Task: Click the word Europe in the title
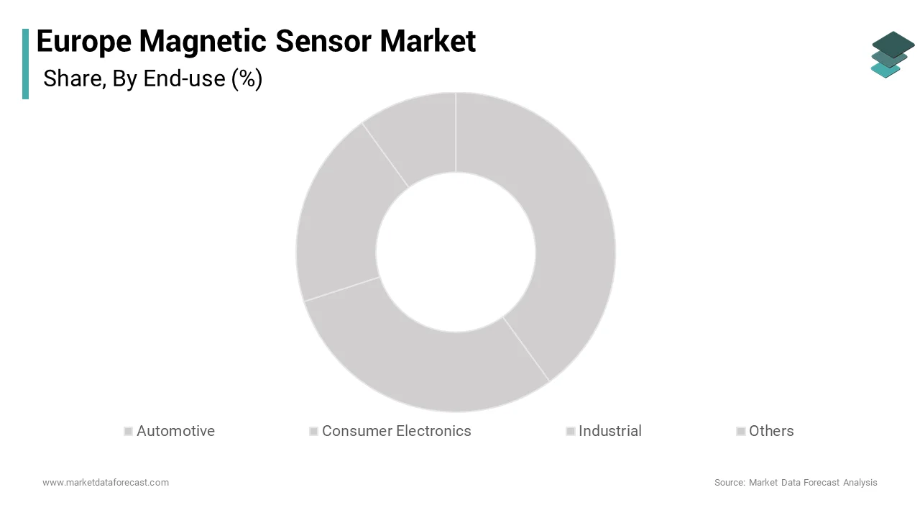coord(83,42)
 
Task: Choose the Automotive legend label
coord(175,431)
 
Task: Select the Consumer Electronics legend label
coord(396,431)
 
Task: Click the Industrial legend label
coord(609,431)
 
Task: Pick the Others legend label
coord(771,431)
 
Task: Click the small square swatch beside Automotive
coord(128,431)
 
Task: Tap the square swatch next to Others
coord(740,431)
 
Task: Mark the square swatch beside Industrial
coord(570,431)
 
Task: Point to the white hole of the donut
coord(456,252)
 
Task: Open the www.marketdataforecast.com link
coord(106,482)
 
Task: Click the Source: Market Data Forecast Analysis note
coord(796,482)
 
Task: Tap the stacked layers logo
coord(892,54)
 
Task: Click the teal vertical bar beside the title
coord(26,63)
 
